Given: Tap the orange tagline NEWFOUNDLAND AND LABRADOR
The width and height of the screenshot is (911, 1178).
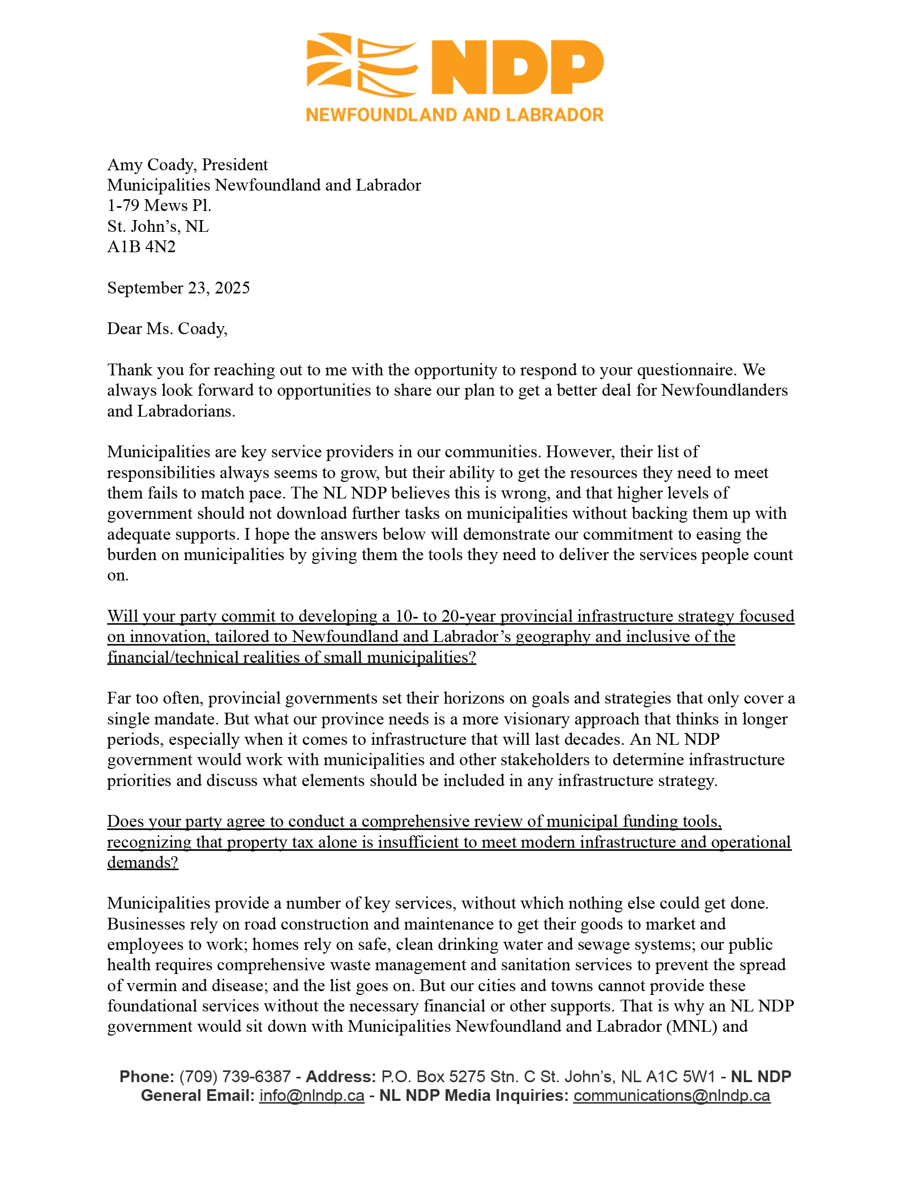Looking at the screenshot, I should pos(454,115).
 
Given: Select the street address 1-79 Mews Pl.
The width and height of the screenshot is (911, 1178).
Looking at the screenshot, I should pos(159,206).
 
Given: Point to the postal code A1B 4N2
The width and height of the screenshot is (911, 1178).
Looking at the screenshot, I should pos(141,247).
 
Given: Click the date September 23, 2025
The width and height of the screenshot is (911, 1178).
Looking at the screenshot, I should pos(178,288).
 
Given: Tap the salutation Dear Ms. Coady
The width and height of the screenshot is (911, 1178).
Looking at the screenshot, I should pos(167,329).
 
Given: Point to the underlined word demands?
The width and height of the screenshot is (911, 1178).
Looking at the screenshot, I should pos(143,863).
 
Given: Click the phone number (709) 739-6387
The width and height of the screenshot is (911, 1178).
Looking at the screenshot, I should pos(235,1077).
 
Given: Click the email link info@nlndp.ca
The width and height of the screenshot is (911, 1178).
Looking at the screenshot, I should pos(311,1096).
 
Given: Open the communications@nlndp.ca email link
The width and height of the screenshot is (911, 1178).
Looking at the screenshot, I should pos(671,1096).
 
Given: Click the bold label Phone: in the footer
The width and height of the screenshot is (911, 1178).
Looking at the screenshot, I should pos(146,1077).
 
